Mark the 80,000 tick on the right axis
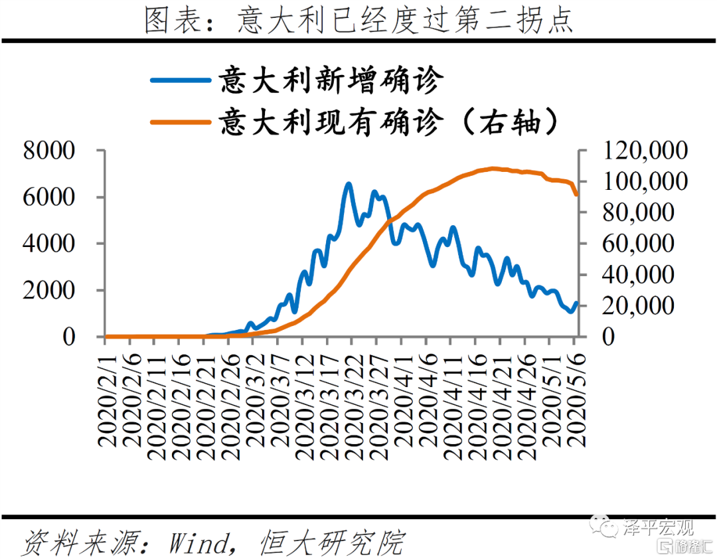click(x=641, y=212)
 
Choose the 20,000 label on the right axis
click(x=641, y=306)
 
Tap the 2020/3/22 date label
click(x=353, y=405)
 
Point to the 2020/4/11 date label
click(x=452, y=405)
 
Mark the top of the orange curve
click(x=493, y=169)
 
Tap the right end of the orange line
click(x=577, y=195)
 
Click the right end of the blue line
click(x=576, y=303)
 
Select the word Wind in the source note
click(x=197, y=543)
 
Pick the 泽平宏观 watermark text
click(x=657, y=528)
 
